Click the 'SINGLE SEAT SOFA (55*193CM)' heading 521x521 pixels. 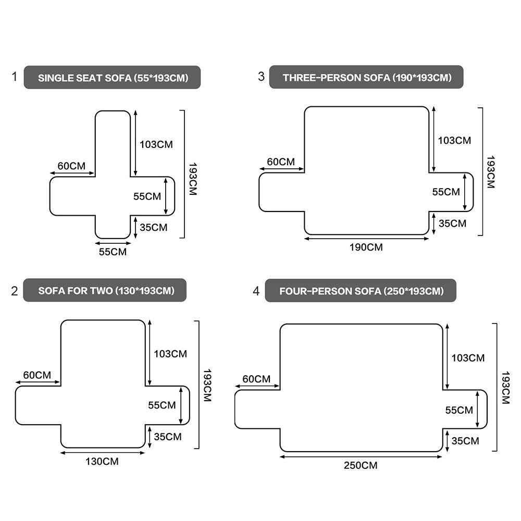pos(113,78)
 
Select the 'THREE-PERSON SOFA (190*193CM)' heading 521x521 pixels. pos(367,78)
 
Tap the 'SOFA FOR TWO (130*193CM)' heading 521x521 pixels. pos(106,291)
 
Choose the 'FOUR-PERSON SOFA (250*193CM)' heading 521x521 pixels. pos(362,291)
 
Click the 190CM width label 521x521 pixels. pos(366,247)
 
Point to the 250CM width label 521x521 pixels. pos(361,465)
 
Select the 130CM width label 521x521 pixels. pos(102,461)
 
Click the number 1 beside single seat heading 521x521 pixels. pos(14,77)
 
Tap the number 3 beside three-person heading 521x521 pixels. pos(261,77)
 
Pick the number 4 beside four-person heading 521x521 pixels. pos(256,291)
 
